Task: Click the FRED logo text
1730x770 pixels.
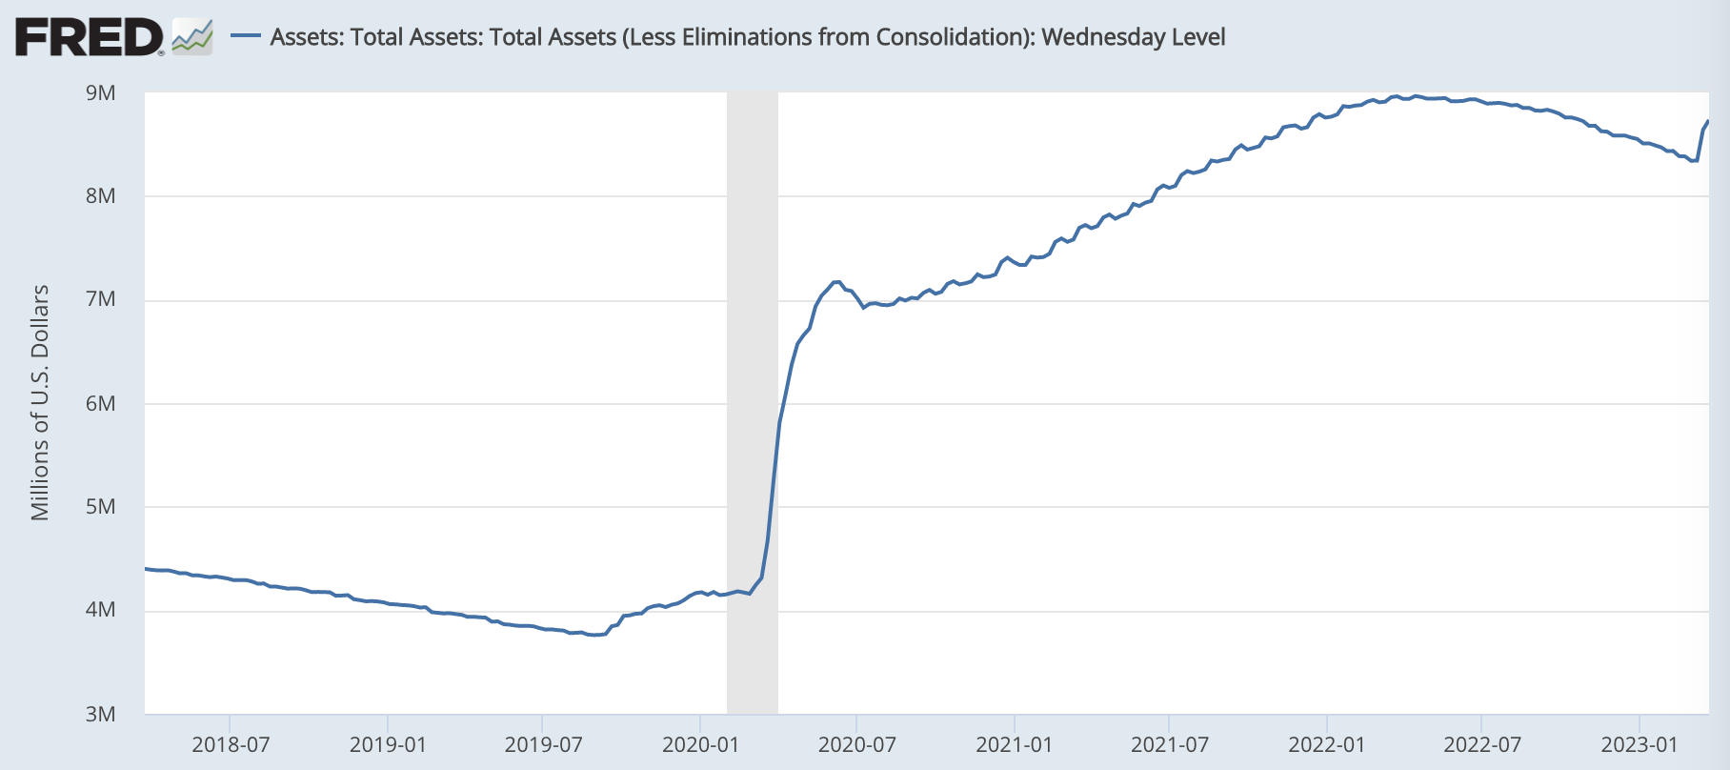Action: pos(90,38)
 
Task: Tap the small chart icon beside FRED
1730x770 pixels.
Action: pos(192,37)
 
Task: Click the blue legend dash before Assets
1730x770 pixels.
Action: pos(247,37)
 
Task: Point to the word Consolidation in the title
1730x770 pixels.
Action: pos(952,37)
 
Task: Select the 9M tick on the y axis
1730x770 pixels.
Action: pos(101,92)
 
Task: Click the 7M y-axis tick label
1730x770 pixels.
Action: pos(101,299)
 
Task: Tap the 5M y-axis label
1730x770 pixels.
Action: pos(101,506)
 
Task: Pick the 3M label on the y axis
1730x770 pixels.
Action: pos(101,714)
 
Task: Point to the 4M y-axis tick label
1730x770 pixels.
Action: pos(101,610)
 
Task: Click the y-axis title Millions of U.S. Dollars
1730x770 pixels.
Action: pos(40,402)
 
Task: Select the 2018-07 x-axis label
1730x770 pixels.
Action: pos(231,744)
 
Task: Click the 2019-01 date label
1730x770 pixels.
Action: pos(388,744)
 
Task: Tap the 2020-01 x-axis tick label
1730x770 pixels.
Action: pos(700,744)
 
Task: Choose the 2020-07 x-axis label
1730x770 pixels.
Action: pos(856,744)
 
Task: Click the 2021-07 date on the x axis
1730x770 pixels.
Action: pos(1170,744)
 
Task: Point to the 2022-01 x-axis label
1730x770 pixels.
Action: pos(1327,744)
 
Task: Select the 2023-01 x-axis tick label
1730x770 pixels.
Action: pos(1639,744)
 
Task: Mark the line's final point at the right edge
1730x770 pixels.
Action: pos(1707,121)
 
